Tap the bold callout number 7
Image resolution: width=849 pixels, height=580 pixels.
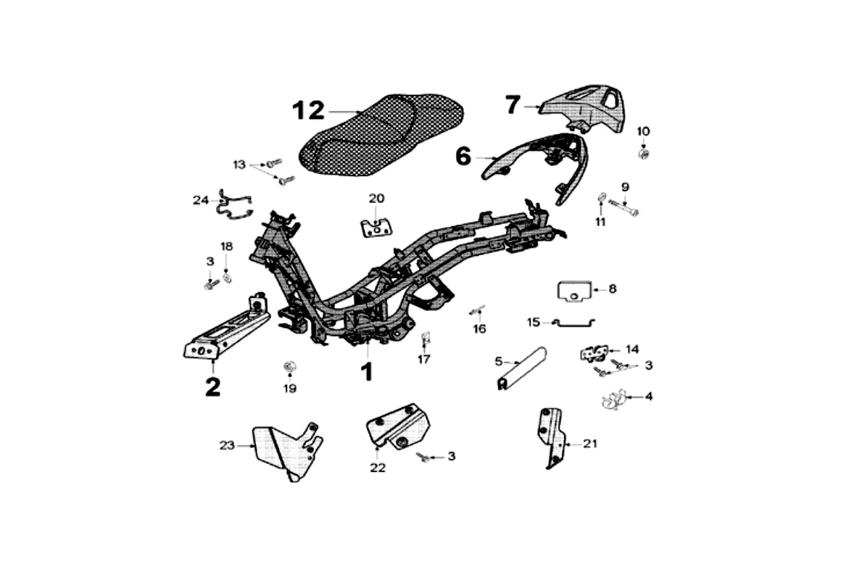513,105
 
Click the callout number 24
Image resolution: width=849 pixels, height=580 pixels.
201,199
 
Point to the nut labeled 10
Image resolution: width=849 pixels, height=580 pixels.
642,154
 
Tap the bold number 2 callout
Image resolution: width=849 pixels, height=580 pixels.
212,386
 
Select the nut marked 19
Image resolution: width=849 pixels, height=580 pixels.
289,365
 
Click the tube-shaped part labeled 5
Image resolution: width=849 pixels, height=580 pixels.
521,370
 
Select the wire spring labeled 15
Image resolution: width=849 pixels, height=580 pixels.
573,322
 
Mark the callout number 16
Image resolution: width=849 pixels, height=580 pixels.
479,328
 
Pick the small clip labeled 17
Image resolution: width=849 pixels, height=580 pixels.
426,337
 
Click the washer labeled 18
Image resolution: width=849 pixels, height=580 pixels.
227,276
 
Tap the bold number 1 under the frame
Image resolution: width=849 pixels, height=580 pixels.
367,372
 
